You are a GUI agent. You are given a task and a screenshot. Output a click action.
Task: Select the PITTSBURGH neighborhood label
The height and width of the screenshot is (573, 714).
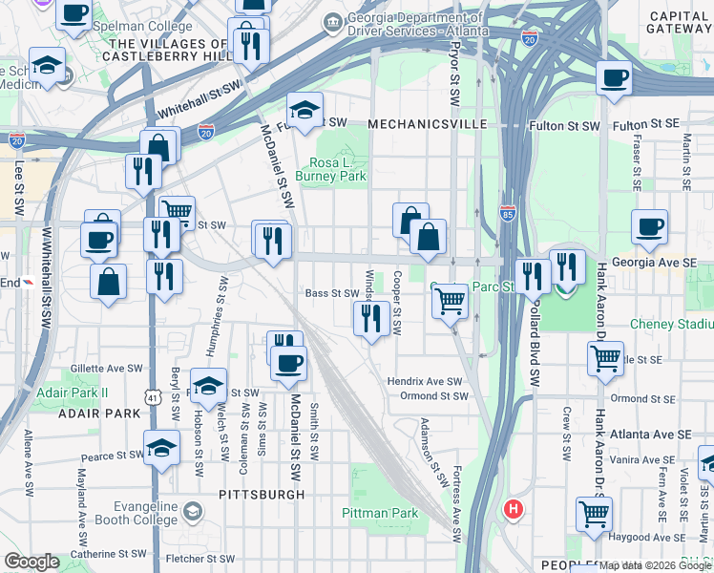pos(262,495)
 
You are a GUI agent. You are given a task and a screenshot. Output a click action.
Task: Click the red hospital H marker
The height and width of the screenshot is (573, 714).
pos(514,509)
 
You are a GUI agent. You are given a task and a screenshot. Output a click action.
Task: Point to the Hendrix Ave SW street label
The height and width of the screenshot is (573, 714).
pos(425,381)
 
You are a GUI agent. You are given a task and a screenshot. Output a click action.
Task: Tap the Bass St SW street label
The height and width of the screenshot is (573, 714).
pos(330,293)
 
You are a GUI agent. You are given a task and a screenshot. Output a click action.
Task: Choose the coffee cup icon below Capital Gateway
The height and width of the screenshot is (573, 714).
pos(614,76)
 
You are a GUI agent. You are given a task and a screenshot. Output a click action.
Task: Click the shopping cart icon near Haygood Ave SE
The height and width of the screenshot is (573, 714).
pos(594,513)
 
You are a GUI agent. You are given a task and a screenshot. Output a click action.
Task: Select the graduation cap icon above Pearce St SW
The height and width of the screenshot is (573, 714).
pos(162,447)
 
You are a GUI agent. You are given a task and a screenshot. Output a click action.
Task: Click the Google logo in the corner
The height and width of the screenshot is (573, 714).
pos(31,562)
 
